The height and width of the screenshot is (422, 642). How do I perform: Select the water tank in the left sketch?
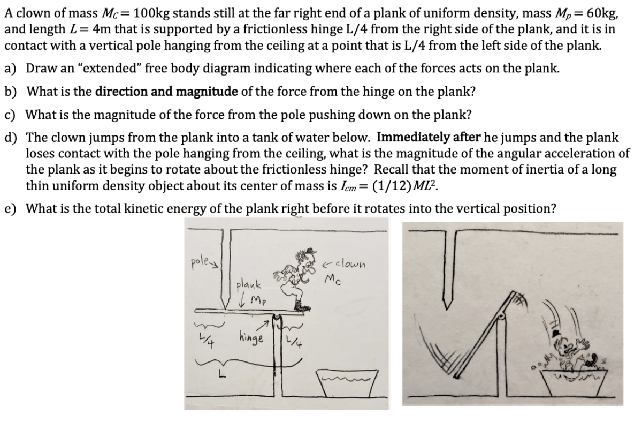[350, 386]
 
